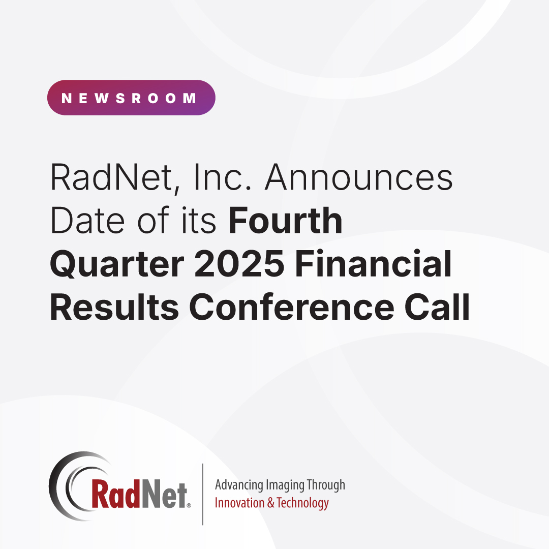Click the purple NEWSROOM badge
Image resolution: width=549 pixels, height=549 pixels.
[131, 98]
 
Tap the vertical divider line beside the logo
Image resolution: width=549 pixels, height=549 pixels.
[203, 494]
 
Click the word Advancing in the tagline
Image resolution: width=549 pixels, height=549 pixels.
[237, 485]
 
